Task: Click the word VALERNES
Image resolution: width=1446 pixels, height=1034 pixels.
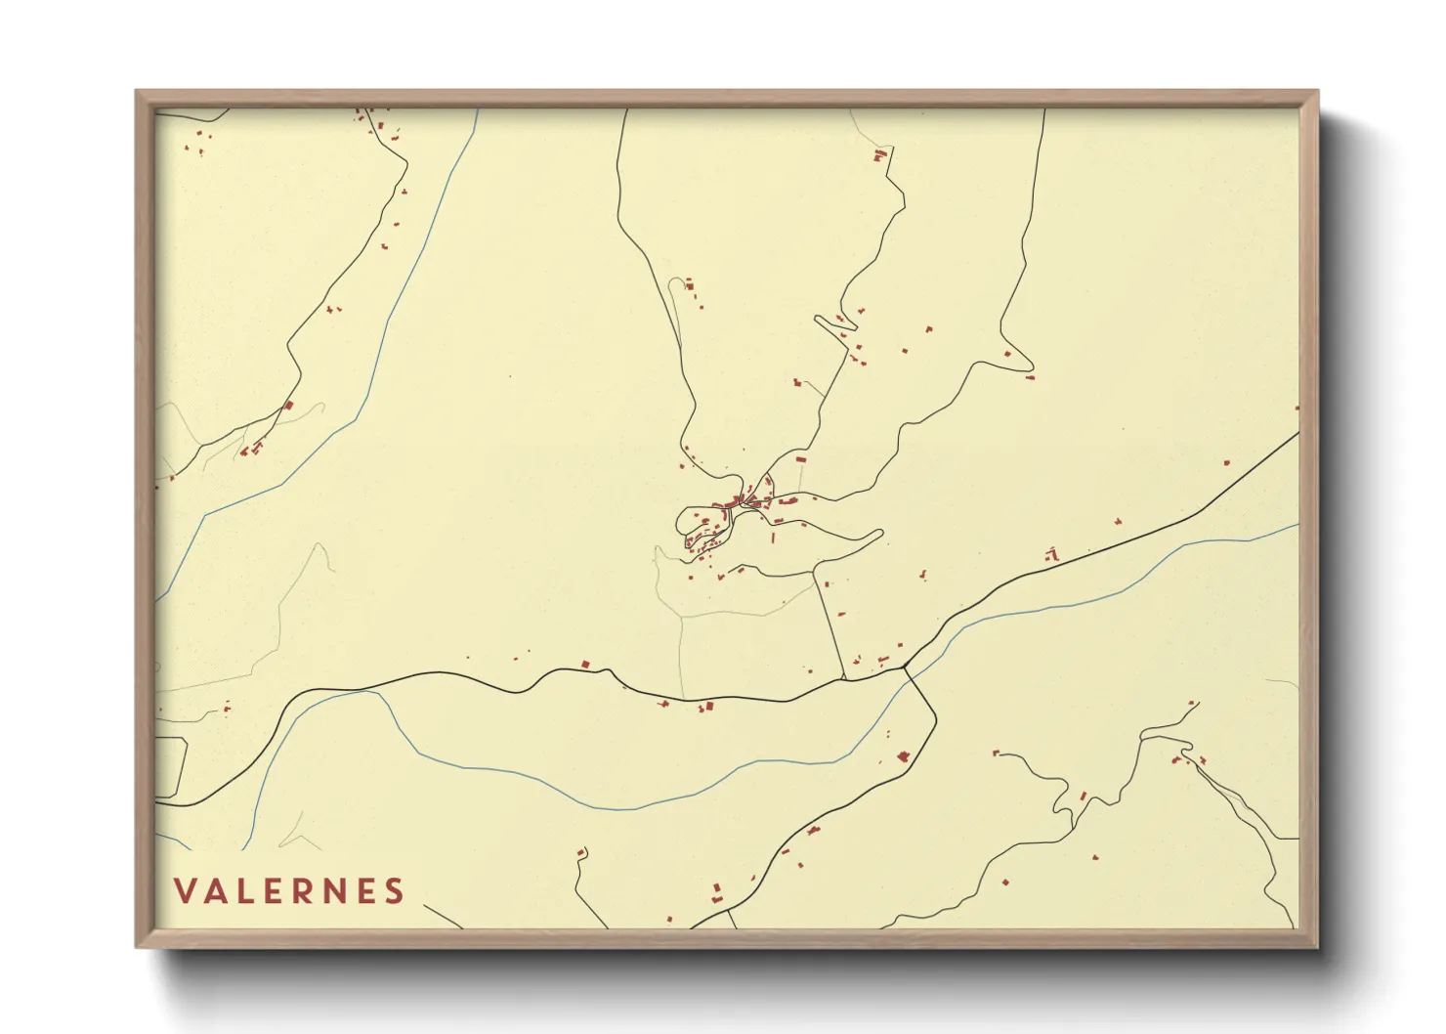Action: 289,890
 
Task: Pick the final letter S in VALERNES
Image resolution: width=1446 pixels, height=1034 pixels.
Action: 395,890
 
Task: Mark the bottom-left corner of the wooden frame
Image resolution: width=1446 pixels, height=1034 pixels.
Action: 137,946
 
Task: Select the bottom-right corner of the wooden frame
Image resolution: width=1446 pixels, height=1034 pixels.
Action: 1318,946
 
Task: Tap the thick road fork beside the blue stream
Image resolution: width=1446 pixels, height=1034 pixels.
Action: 906,668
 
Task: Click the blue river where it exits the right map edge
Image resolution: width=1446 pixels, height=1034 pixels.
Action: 1297,526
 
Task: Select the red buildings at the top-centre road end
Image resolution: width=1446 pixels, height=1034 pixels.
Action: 880,154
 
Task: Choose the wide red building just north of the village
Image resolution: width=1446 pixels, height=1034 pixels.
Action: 799,458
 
